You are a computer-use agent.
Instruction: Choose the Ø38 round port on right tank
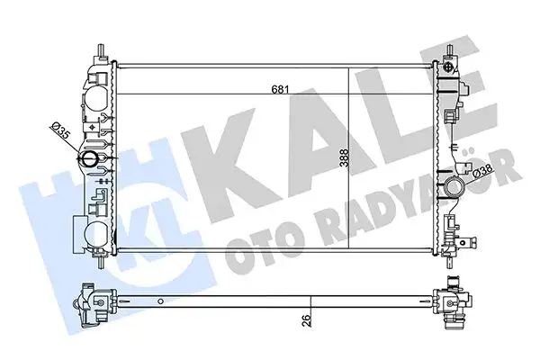tap(453, 190)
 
